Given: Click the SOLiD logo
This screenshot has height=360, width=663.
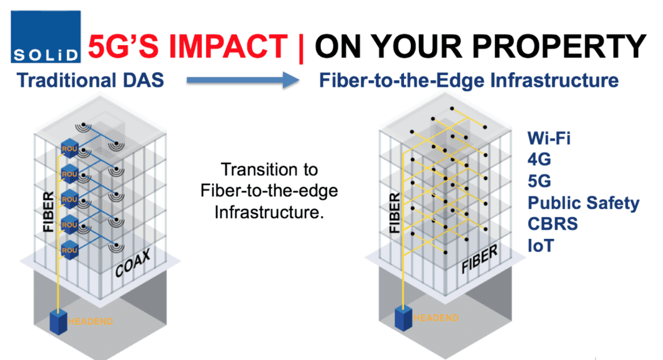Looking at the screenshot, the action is click(46, 37).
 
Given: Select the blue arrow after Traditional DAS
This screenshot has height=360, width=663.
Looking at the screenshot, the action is click(243, 80).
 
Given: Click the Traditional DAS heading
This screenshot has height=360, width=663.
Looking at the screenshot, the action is click(90, 80).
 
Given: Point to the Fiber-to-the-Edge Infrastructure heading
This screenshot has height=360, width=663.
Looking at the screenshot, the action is click(469, 80).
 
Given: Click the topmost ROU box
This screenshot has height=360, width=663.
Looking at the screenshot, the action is click(70, 149).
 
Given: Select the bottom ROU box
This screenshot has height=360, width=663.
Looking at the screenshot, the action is click(70, 250).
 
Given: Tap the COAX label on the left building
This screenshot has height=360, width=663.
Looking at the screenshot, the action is click(133, 263).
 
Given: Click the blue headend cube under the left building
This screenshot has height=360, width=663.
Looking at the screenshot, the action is click(58, 322).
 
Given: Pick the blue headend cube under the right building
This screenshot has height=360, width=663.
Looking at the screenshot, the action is click(404, 318).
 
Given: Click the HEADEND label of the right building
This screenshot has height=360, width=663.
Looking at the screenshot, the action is click(436, 318).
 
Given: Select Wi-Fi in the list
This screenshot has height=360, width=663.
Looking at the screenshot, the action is click(549, 138).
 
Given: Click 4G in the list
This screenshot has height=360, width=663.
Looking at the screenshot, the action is click(539, 160).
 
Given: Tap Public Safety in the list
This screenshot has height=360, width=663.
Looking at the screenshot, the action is click(584, 203).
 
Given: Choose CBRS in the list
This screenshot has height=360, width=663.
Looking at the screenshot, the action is click(552, 224).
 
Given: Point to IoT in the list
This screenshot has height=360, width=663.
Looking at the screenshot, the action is click(540, 246).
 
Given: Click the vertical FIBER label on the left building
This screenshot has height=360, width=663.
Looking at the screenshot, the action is click(48, 212).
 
